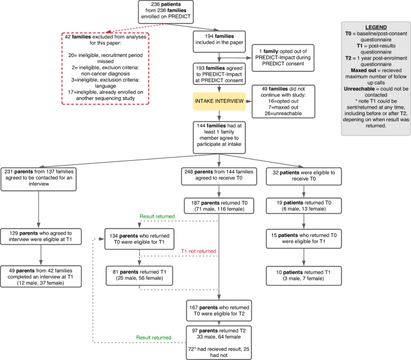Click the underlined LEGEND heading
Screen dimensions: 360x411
[373, 27]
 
